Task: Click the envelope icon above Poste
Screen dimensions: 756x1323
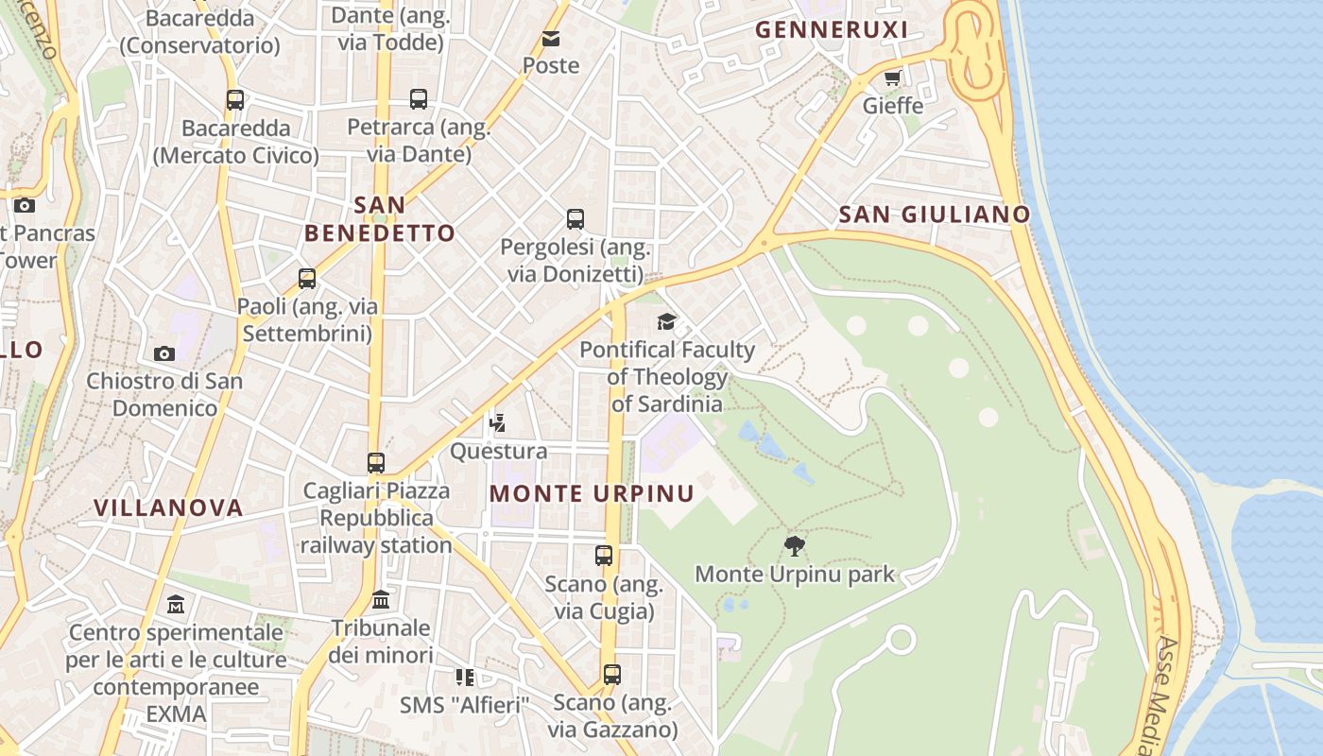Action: click(x=550, y=39)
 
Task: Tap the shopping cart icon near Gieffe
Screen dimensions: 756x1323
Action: click(x=892, y=78)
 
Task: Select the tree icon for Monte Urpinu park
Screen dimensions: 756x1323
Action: click(x=795, y=545)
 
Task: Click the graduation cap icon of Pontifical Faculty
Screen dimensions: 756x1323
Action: click(x=667, y=322)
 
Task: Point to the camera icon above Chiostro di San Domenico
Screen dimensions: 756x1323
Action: click(x=164, y=353)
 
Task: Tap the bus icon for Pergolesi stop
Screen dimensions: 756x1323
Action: click(x=575, y=219)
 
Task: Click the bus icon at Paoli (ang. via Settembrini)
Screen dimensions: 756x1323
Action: click(x=307, y=279)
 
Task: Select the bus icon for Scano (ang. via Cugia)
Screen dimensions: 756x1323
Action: click(x=604, y=556)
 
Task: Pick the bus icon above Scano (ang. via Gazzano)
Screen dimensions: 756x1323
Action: click(x=612, y=675)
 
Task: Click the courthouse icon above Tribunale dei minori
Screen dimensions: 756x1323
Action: click(x=381, y=599)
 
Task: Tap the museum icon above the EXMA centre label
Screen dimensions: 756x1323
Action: click(x=176, y=604)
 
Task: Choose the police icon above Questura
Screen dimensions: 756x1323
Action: click(x=497, y=423)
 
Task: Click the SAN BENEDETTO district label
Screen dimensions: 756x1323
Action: click(x=380, y=218)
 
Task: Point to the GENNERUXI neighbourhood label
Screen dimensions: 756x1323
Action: click(x=832, y=30)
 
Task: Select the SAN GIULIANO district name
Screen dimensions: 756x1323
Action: click(x=934, y=215)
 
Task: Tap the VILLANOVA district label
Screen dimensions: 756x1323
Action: click(x=168, y=508)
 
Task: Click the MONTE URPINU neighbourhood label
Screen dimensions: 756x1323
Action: click(x=592, y=493)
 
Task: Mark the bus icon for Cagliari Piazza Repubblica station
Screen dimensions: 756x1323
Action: click(x=376, y=463)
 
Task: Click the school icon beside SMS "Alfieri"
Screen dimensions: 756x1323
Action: click(x=464, y=677)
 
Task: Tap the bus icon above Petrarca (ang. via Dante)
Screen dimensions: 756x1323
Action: click(x=419, y=99)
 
